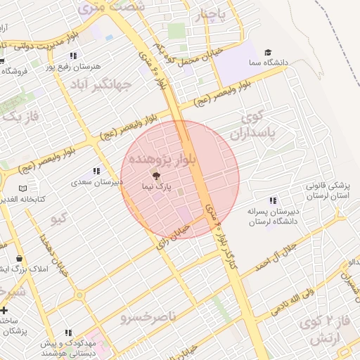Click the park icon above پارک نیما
coord(156,176)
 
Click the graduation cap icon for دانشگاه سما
coord(267,52)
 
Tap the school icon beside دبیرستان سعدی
coord(96,171)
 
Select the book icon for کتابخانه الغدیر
coord(23,189)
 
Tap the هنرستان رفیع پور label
coord(73,67)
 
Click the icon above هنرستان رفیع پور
coord(73,56)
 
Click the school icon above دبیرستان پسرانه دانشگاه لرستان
coord(273,200)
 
